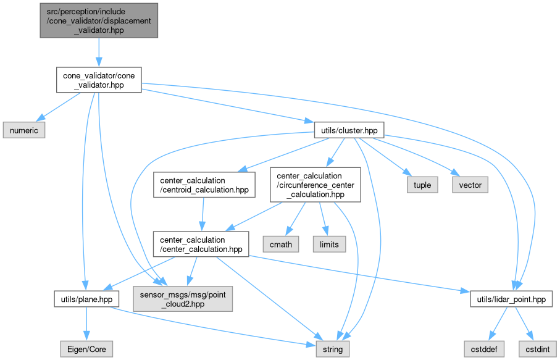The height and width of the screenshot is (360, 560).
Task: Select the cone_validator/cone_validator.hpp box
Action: pos(99,80)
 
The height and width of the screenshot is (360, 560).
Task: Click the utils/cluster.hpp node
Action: pos(349,130)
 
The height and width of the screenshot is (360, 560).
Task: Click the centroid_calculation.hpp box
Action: pos(204,184)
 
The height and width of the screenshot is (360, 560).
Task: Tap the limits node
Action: pos(329,244)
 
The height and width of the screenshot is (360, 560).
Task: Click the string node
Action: pos(333,349)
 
